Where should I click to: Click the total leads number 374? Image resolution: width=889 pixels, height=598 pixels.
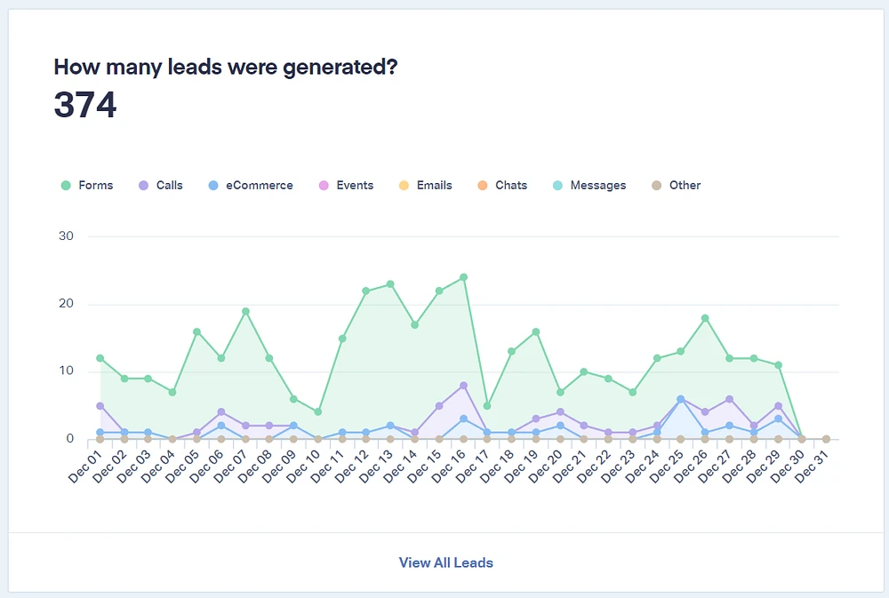[85, 105]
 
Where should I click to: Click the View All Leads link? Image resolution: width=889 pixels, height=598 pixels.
[445, 562]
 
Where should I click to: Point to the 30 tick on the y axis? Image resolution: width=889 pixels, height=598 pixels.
[67, 236]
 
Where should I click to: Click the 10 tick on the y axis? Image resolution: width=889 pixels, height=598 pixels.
[67, 371]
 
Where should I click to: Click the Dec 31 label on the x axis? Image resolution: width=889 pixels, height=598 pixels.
[813, 466]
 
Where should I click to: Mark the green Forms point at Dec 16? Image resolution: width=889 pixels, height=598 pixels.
[463, 277]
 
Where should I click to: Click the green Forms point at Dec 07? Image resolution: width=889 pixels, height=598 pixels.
[245, 311]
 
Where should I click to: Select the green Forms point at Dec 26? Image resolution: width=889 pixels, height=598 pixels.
[705, 318]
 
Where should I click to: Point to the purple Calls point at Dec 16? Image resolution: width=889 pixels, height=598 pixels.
[463, 386]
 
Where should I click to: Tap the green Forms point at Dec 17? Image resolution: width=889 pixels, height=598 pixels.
[487, 405]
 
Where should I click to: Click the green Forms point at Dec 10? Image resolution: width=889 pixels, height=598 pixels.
[318, 412]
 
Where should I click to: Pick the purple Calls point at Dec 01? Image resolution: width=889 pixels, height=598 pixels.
[100, 405]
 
